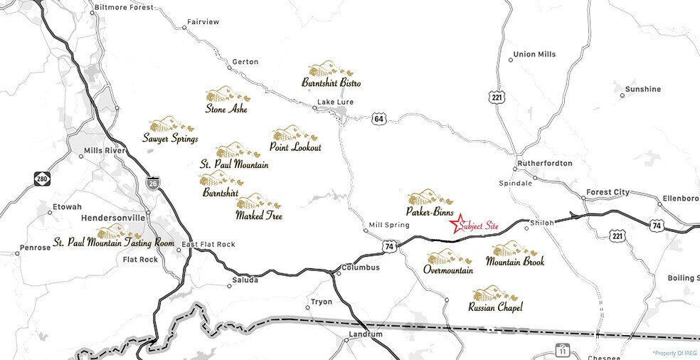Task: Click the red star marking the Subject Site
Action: [x=459, y=222]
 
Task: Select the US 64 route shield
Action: [x=378, y=119]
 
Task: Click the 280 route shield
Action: [x=42, y=179]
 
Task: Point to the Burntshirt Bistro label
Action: [x=331, y=83]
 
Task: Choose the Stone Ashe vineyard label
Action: [x=226, y=109]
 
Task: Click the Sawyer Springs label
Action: [x=170, y=138]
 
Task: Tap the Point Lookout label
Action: [x=295, y=147]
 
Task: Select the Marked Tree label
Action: [x=258, y=214]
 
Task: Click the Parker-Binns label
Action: [x=430, y=211]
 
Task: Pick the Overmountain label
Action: [x=448, y=270]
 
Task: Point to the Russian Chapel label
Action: [x=495, y=307]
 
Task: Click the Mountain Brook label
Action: [x=515, y=262]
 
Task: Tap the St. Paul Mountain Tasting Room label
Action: [x=114, y=243]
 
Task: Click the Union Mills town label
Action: [x=534, y=54]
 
